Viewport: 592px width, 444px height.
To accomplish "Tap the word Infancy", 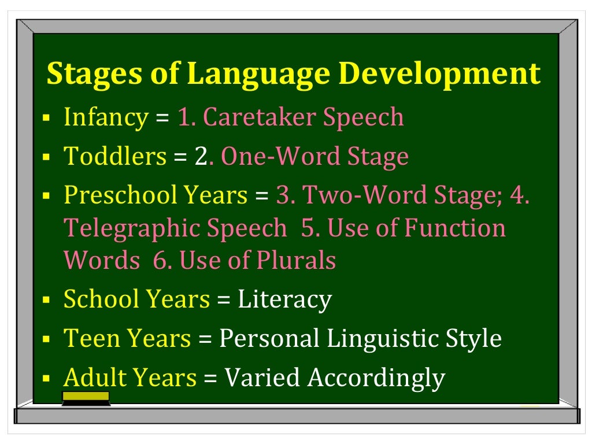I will pyautogui.click(x=106, y=118).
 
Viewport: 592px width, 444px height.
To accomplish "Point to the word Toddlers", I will pyautogui.click(x=115, y=156).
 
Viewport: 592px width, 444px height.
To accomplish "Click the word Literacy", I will pyautogui.click(x=285, y=299).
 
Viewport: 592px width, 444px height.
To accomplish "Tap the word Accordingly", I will pyautogui.click(x=376, y=378).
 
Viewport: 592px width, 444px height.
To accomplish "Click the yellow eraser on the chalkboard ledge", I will pyautogui.click(x=86, y=397).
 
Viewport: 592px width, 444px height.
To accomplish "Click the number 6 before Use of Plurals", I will pyautogui.click(x=160, y=260).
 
